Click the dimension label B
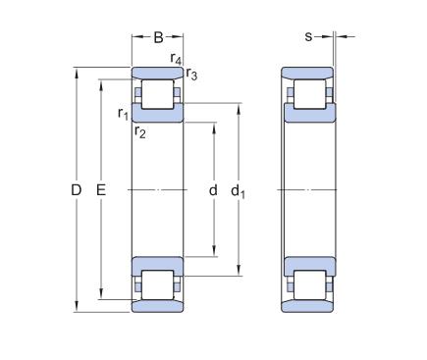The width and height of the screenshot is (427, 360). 158,37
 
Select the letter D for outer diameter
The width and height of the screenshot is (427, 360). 76,190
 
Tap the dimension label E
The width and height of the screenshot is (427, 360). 101,190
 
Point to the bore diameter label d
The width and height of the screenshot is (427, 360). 213,189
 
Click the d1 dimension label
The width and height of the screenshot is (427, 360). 238,191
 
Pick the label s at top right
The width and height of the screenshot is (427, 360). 308,37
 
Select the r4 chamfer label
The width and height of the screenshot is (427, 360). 176,58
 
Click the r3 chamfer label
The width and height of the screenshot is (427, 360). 191,74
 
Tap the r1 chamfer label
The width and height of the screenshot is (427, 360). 123,114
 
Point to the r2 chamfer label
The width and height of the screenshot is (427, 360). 140,131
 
